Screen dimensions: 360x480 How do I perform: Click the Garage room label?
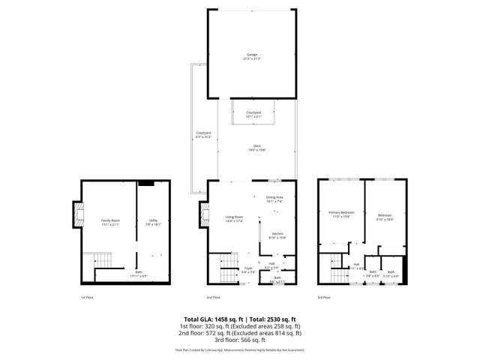coord(251,56)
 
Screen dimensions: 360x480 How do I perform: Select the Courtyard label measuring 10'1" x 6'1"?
coord(253,114)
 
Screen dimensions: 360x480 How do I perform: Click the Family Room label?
coord(110,222)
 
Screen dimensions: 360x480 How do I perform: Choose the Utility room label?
coord(153,222)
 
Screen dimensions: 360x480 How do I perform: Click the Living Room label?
coord(235,219)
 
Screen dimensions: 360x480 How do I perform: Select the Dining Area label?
coord(274,199)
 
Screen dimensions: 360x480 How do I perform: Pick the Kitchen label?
coord(277,235)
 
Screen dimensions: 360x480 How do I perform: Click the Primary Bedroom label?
coord(341,214)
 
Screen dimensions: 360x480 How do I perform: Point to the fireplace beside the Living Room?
coord(202,215)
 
